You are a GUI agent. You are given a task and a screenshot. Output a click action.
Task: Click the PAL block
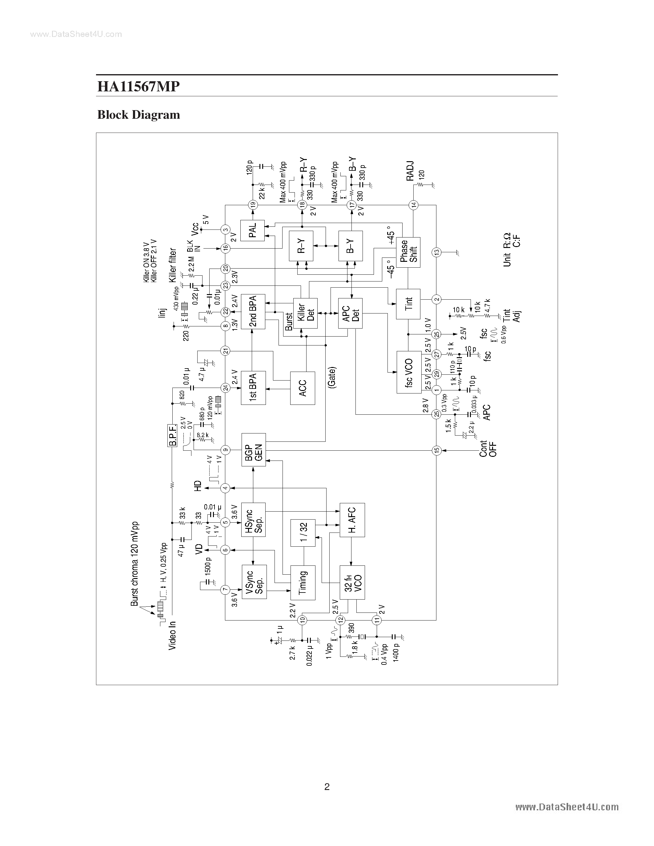click(252, 230)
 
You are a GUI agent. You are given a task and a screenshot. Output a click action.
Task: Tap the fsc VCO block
click(409, 372)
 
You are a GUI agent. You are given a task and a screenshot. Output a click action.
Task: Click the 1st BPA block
click(253, 388)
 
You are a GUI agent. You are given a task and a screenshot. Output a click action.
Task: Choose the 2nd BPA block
click(253, 311)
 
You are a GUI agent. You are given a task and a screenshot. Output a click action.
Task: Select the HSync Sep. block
click(253, 520)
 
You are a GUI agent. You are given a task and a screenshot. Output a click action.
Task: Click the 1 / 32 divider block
click(303, 533)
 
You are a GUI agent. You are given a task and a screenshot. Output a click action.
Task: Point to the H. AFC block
click(352, 520)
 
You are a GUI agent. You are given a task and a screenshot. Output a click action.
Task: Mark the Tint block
click(408, 304)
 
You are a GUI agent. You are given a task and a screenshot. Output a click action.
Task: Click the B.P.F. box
click(173, 435)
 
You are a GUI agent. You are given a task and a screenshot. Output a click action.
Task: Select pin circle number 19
click(253, 205)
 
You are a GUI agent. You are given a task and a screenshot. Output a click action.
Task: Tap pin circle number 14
click(413, 205)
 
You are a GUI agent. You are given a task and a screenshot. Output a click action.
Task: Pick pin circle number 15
click(437, 450)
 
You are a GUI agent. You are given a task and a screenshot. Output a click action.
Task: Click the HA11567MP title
click(138, 86)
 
